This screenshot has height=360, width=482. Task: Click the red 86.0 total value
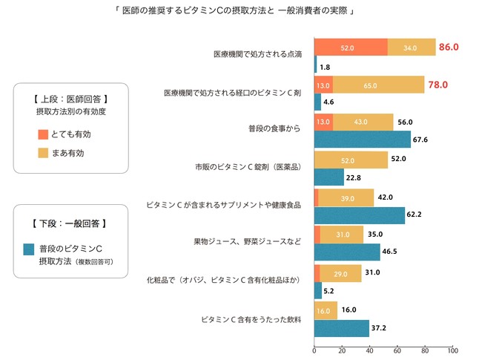(x=449, y=47)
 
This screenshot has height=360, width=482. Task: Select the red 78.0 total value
(x=437, y=85)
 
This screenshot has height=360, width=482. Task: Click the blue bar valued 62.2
(x=359, y=215)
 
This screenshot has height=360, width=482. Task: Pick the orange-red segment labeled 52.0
(x=351, y=47)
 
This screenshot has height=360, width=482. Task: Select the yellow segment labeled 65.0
(x=378, y=85)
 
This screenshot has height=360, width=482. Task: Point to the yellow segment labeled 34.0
(x=412, y=47)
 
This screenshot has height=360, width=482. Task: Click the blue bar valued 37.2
(x=342, y=328)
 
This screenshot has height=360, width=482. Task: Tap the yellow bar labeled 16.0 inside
(x=326, y=310)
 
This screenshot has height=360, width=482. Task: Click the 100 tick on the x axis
(x=452, y=350)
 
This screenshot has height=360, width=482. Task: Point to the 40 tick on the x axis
(x=370, y=350)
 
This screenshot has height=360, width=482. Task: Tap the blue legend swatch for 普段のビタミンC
(x=30, y=249)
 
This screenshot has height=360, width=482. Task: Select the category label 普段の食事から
(x=274, y=129)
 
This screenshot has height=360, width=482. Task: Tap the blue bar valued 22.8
(x=329, y=177)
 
